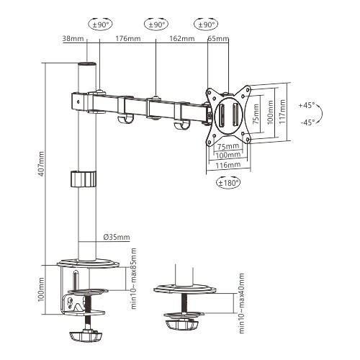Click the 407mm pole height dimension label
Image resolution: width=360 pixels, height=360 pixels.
(42, 165)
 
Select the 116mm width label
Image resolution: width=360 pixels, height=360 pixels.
(229, 165)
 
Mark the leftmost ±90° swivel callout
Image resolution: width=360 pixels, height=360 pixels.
(99, 24)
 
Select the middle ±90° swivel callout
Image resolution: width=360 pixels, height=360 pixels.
(155, 24)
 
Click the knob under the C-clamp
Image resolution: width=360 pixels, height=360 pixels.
(86, 336)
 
